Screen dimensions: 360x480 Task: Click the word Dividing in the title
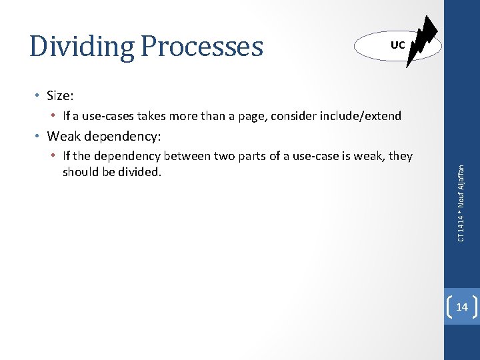pyautogui.click(x=81, y=47)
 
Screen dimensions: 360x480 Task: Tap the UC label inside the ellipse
pyautogui.click(x=397, y=45)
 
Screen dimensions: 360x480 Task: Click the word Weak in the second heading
pyautogui.click(x=64, y=137)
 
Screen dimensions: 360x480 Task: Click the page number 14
pyautogui.click(x=461, y=307)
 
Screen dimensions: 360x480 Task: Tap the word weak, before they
pyautogui.click(x=370, y=157)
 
